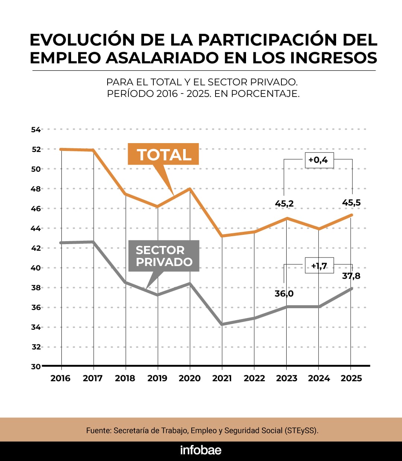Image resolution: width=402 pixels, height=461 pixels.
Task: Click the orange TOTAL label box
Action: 163,154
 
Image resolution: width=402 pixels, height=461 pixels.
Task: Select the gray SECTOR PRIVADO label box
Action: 164,256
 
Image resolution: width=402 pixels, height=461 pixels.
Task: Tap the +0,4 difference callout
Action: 319,160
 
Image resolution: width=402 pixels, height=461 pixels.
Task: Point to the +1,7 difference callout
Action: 319,265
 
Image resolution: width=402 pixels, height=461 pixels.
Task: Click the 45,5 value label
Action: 351,203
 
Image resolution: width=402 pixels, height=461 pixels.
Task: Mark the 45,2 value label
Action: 284,203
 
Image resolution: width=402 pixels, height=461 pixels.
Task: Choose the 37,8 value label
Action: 351,276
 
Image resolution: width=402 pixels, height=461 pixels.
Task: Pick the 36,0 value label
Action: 284,294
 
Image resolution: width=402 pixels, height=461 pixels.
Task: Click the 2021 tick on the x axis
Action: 222,378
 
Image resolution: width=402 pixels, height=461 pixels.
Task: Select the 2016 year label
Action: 60,378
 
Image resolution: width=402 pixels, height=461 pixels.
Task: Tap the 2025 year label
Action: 351,378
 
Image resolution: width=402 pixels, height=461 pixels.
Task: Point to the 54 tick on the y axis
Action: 36,130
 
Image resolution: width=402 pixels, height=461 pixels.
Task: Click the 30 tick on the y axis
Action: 36,367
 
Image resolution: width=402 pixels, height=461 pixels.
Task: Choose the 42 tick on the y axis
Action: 36,248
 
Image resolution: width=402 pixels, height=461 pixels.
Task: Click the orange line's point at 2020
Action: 190,189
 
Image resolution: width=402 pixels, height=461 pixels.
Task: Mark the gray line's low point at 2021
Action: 222,324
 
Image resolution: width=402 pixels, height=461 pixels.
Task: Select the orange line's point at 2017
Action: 93,150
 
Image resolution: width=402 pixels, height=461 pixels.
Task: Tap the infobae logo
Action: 201,450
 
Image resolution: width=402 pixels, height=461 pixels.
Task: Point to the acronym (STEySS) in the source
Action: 301,430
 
